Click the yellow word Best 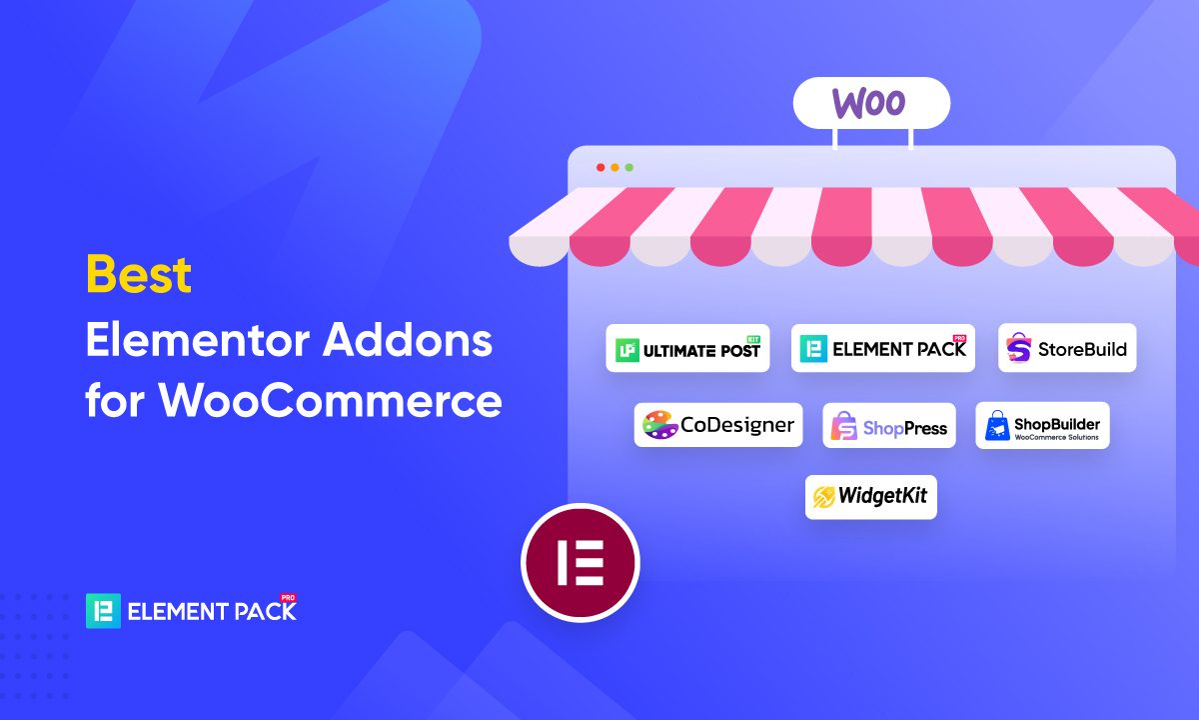point(139,274)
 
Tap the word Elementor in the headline point(198,339)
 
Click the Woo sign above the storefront point(871,103)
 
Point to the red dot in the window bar point(600,168)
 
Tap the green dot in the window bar point(629,168)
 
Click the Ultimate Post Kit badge point(687,348)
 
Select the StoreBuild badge point(1067,348)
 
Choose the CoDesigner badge point(718,425)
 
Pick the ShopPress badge point(889,425)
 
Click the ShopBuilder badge point(1043,425)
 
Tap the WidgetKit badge point(871,497)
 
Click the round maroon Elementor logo point(581,563)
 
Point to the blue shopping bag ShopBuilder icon point(997,426)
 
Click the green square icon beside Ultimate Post point(626,350)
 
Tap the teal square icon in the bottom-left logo point(103,611)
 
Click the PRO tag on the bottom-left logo point(288,597)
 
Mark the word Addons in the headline point(408,339)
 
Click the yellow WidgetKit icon point(823,497)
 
